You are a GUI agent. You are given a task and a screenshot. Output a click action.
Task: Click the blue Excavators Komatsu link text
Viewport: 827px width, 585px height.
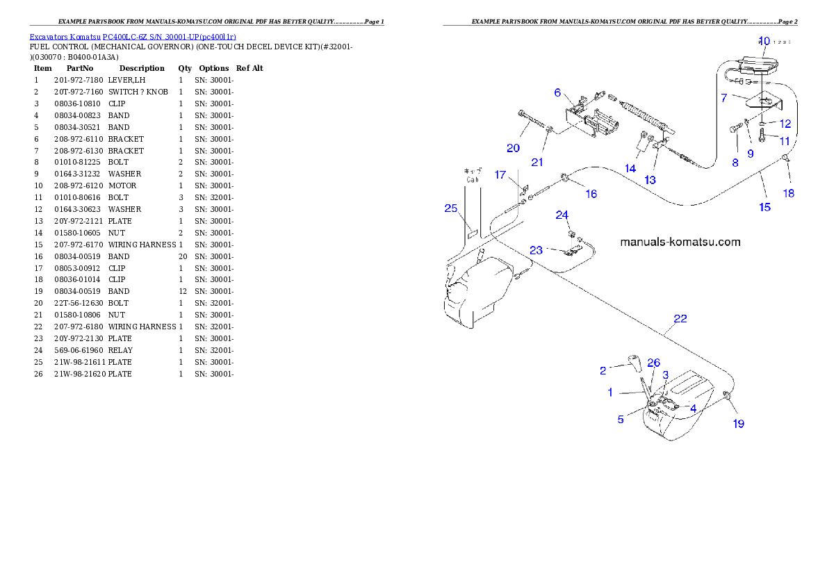132,37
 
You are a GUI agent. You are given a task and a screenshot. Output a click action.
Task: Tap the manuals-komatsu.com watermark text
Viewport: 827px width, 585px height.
680,242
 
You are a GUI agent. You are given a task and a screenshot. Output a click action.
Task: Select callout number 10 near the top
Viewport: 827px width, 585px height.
764,41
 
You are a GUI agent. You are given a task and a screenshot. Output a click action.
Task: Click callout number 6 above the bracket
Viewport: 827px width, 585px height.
557,92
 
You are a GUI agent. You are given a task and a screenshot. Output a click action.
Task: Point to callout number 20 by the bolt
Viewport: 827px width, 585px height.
513,148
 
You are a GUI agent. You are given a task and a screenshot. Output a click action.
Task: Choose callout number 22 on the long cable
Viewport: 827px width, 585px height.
680,319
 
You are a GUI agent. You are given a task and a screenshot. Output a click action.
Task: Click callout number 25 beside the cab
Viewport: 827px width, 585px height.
451,208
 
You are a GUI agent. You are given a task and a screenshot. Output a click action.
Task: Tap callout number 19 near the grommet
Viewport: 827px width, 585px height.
738,423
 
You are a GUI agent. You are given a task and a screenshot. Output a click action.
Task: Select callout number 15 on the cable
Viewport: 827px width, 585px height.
764,207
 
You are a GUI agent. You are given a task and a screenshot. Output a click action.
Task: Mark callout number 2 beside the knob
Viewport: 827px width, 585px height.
603,370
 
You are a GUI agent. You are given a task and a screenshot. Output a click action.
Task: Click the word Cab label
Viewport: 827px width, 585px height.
473,179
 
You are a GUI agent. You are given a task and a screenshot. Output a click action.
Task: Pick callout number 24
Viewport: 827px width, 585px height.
562,215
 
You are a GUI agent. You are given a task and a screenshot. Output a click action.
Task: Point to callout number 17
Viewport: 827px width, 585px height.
500,175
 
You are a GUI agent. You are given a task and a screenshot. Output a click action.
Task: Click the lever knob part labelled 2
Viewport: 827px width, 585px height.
633,361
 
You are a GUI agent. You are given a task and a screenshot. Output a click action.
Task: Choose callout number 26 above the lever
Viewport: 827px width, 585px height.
653,363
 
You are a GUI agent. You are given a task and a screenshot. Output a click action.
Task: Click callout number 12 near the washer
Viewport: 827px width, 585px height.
785,124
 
